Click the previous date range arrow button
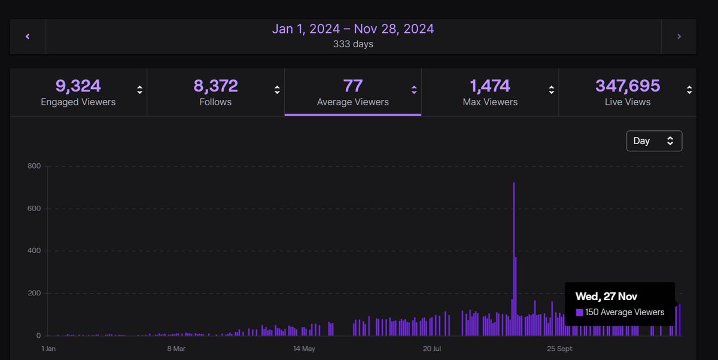[x=28, y=36]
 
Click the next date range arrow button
[x=679, y=36]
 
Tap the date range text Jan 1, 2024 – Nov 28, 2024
[x=353, y=29]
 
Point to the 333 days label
[x=353, y=44]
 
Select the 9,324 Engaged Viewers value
[x=78, y=86]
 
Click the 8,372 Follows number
[x=215, y=86]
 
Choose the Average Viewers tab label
[x=352, y=102]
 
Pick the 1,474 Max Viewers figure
[x=490, y=86]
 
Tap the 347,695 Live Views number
[x=628, y=86]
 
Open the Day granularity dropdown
[x=654, y=141]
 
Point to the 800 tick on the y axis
[x=34, y=166]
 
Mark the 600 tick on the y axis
[x=34, y=209]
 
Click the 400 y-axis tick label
[x=34, y=251]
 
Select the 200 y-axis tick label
[x=34, y=294]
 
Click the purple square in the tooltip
[x=579, y=312]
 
